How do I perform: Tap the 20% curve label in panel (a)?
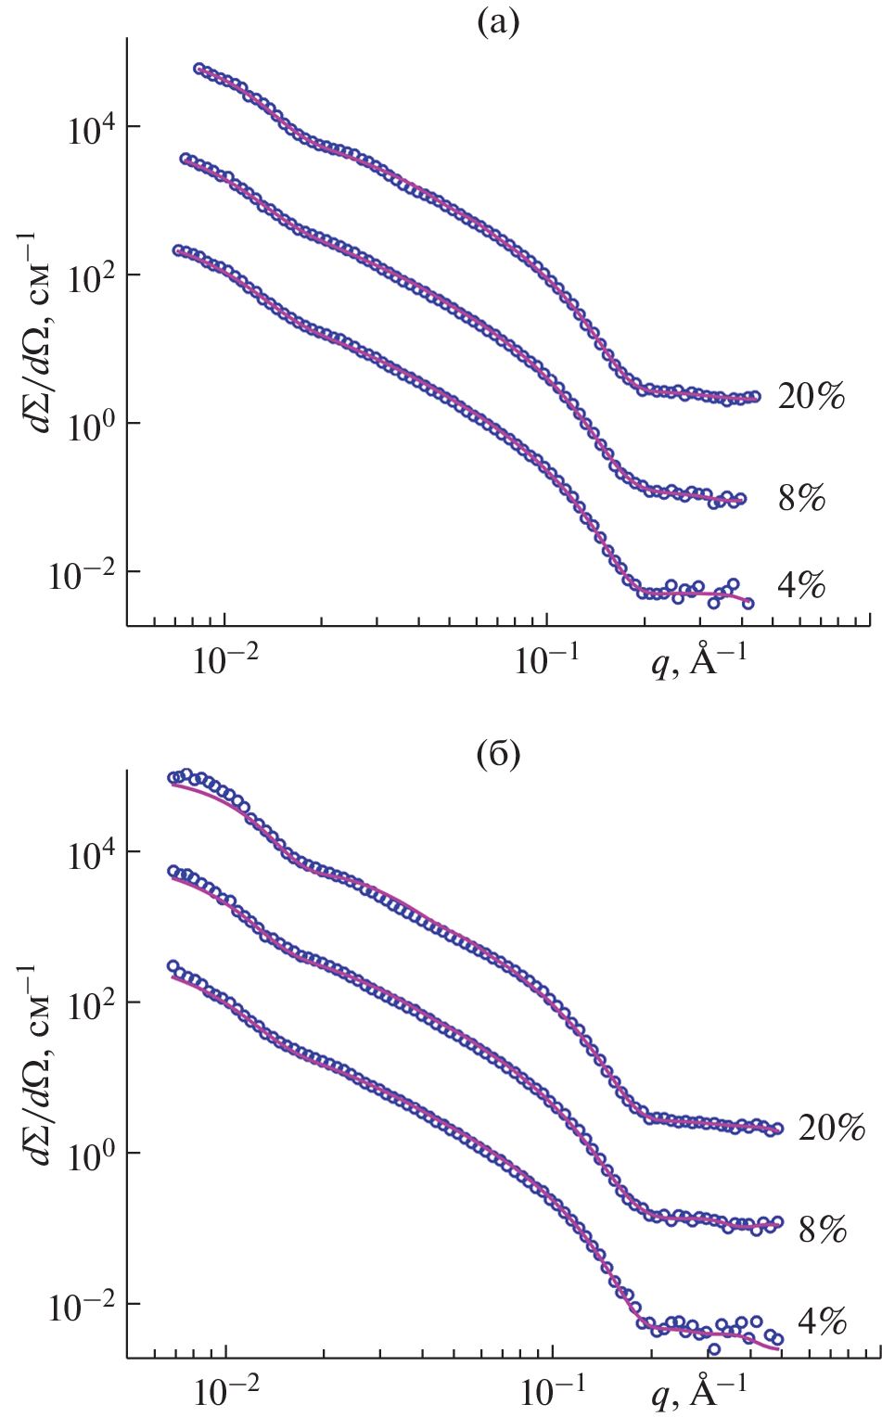812,396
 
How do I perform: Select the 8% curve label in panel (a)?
801,498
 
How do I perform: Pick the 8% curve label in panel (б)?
823,1229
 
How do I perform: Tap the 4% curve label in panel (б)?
823,1321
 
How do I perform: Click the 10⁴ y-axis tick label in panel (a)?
90,128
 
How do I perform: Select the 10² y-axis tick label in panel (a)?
90,276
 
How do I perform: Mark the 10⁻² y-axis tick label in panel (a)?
83,575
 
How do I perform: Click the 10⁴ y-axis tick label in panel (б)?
90,853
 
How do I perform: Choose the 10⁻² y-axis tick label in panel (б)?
83,1307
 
